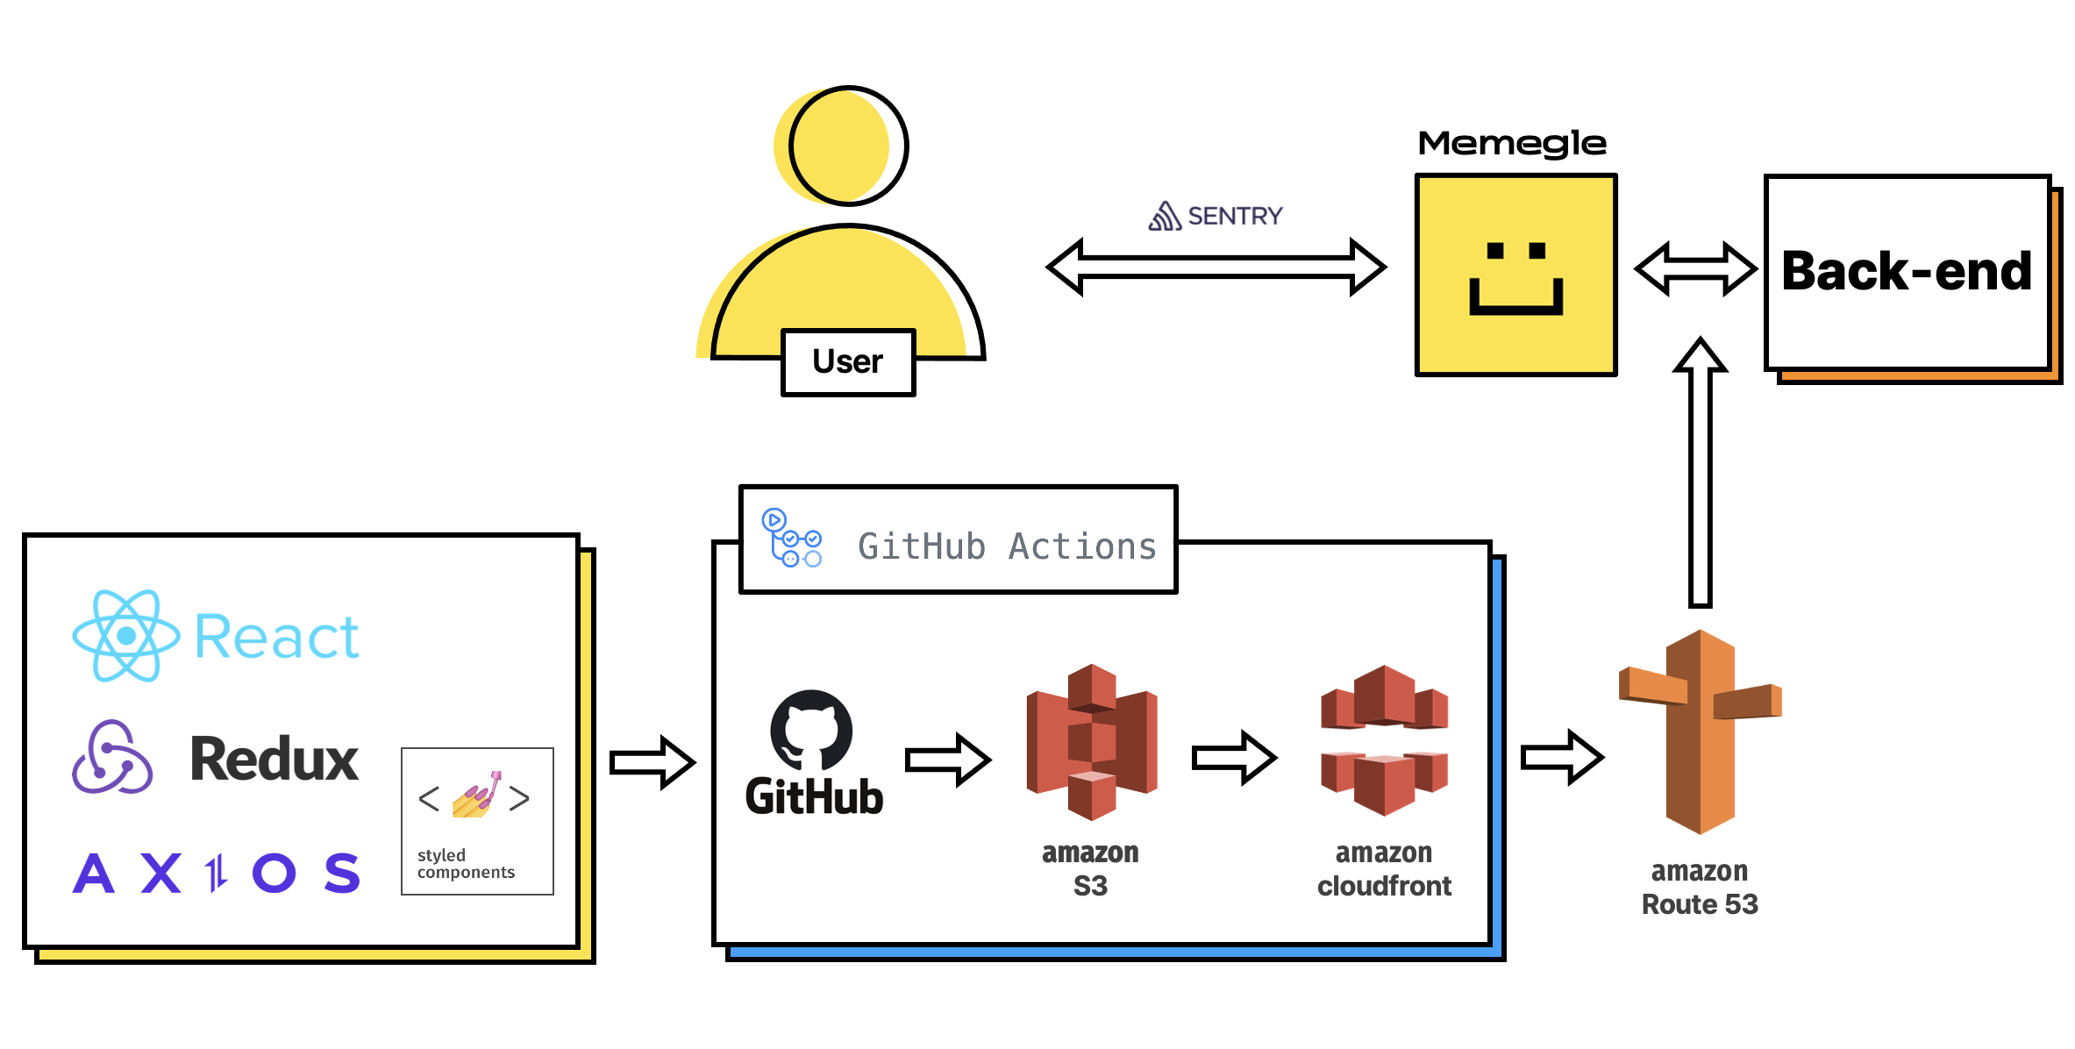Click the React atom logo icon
125,636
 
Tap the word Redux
275,760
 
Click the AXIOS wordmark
217,874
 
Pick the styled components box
477,821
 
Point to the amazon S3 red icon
1091,741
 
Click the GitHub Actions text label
1007,546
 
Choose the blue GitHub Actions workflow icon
791,538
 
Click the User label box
848,362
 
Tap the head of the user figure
847,146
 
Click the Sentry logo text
1216,216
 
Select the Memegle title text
1512,143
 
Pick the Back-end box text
1907,271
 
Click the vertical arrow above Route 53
1700,474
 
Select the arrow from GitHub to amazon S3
947,759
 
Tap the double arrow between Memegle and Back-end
1694,269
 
